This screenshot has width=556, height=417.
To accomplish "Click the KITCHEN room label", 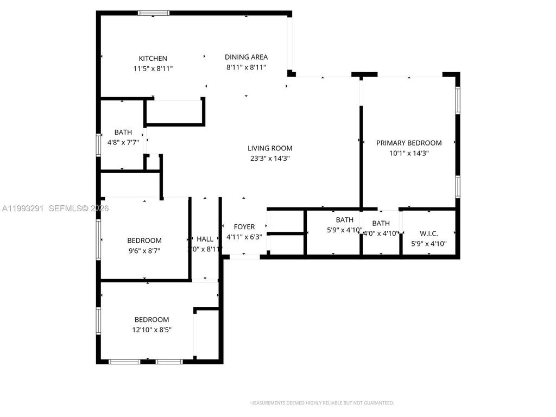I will tap(153, 59).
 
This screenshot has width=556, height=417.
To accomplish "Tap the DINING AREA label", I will tap(246, 57).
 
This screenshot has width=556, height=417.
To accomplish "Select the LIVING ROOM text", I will tap(270, 148).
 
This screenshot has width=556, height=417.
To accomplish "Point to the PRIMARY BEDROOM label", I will tap(409, 143).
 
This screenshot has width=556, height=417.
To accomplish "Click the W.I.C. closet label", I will tap(429, 233).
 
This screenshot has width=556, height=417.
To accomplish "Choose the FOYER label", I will tap(244, 227).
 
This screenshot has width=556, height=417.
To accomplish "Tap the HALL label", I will tap(205, 239).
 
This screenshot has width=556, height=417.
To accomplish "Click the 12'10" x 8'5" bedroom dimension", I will tap(152, 330).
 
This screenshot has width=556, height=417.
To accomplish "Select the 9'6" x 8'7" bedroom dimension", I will tap(144, 251).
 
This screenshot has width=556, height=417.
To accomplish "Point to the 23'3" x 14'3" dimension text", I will tap(270, 159).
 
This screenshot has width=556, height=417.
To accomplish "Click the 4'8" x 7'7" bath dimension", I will tap(123, 143).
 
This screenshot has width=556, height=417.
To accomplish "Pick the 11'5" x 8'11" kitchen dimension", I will tap(153, 69).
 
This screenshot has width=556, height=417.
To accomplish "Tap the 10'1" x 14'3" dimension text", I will tap(409, 154).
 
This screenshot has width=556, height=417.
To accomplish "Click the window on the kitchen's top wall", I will tap(154, 13).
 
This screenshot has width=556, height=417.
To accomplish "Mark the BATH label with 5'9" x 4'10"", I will tap(344, 220).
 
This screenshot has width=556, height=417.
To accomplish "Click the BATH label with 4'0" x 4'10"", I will tap(381, 223).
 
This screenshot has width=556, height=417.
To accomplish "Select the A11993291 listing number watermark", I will tap(23, 208).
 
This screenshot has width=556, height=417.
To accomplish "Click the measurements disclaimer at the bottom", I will tap(321, 403).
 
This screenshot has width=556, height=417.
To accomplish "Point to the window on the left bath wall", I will tap(99, 144).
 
